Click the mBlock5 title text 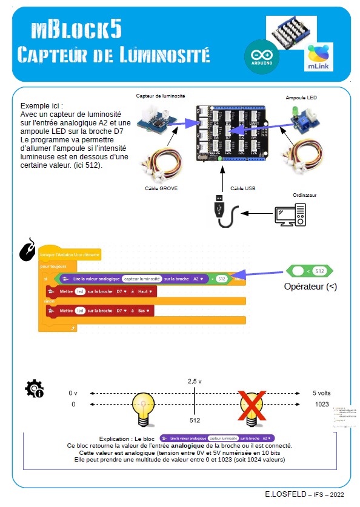tap(76, 29)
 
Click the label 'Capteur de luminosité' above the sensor tap(161, 96)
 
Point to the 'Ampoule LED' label tap(301, 98)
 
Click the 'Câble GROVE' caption tap(161, 188)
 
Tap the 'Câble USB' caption tap(242, 188)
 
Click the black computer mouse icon tap(27, 250)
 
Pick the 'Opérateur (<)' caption tap(310, 287)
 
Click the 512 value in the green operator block tap(321, 270)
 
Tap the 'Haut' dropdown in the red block tap(144, 291)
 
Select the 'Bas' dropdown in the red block tap(143, 311)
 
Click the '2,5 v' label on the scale tap(195, 382)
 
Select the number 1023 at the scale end tap(322, 404)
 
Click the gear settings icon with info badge tap(33, 388)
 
